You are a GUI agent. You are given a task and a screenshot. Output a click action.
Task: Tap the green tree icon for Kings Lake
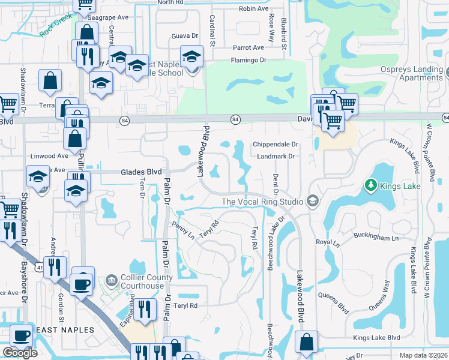[372, 185]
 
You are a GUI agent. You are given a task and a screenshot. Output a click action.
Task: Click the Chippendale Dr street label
[275, 145]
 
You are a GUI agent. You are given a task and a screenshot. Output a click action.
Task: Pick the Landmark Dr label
[275, 157]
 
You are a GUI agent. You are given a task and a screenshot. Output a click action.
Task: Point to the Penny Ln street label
[182, 231]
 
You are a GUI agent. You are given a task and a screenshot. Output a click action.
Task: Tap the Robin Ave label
[253, 9]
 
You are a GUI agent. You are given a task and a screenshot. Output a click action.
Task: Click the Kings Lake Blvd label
[376, 338]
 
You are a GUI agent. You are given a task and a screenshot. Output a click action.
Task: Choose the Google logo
[20, 353]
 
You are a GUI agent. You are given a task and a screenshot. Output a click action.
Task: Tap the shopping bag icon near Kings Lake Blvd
[306, 343]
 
